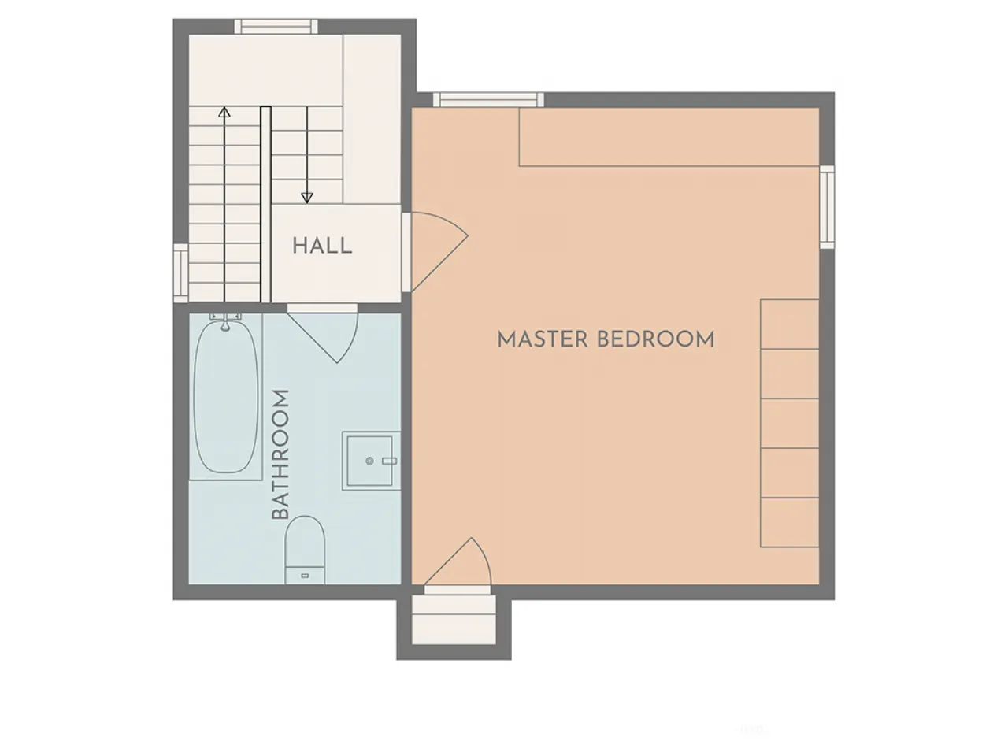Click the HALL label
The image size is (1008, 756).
point(322,246)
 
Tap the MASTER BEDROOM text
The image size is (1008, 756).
point(606,339)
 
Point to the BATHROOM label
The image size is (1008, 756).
point(280,454)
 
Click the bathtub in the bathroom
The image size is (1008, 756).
point(225,397)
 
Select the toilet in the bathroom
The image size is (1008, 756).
point(305,550)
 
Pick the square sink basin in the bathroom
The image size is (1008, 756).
point(369,461)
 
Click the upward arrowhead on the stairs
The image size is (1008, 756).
point(224,112)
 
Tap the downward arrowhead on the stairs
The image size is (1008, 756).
point(307,198)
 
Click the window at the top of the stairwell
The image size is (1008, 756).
point(276,27)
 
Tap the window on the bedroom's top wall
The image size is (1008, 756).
point(488,99)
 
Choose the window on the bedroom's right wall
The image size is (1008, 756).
point(827,207)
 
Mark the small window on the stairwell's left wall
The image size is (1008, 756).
point(180,273)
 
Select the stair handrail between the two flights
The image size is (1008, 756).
point(265,204)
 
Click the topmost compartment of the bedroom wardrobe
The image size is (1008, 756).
point(789,324)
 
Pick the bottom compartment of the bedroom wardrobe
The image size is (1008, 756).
point(789,522)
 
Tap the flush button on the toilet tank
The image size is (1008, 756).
point(305,576)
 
